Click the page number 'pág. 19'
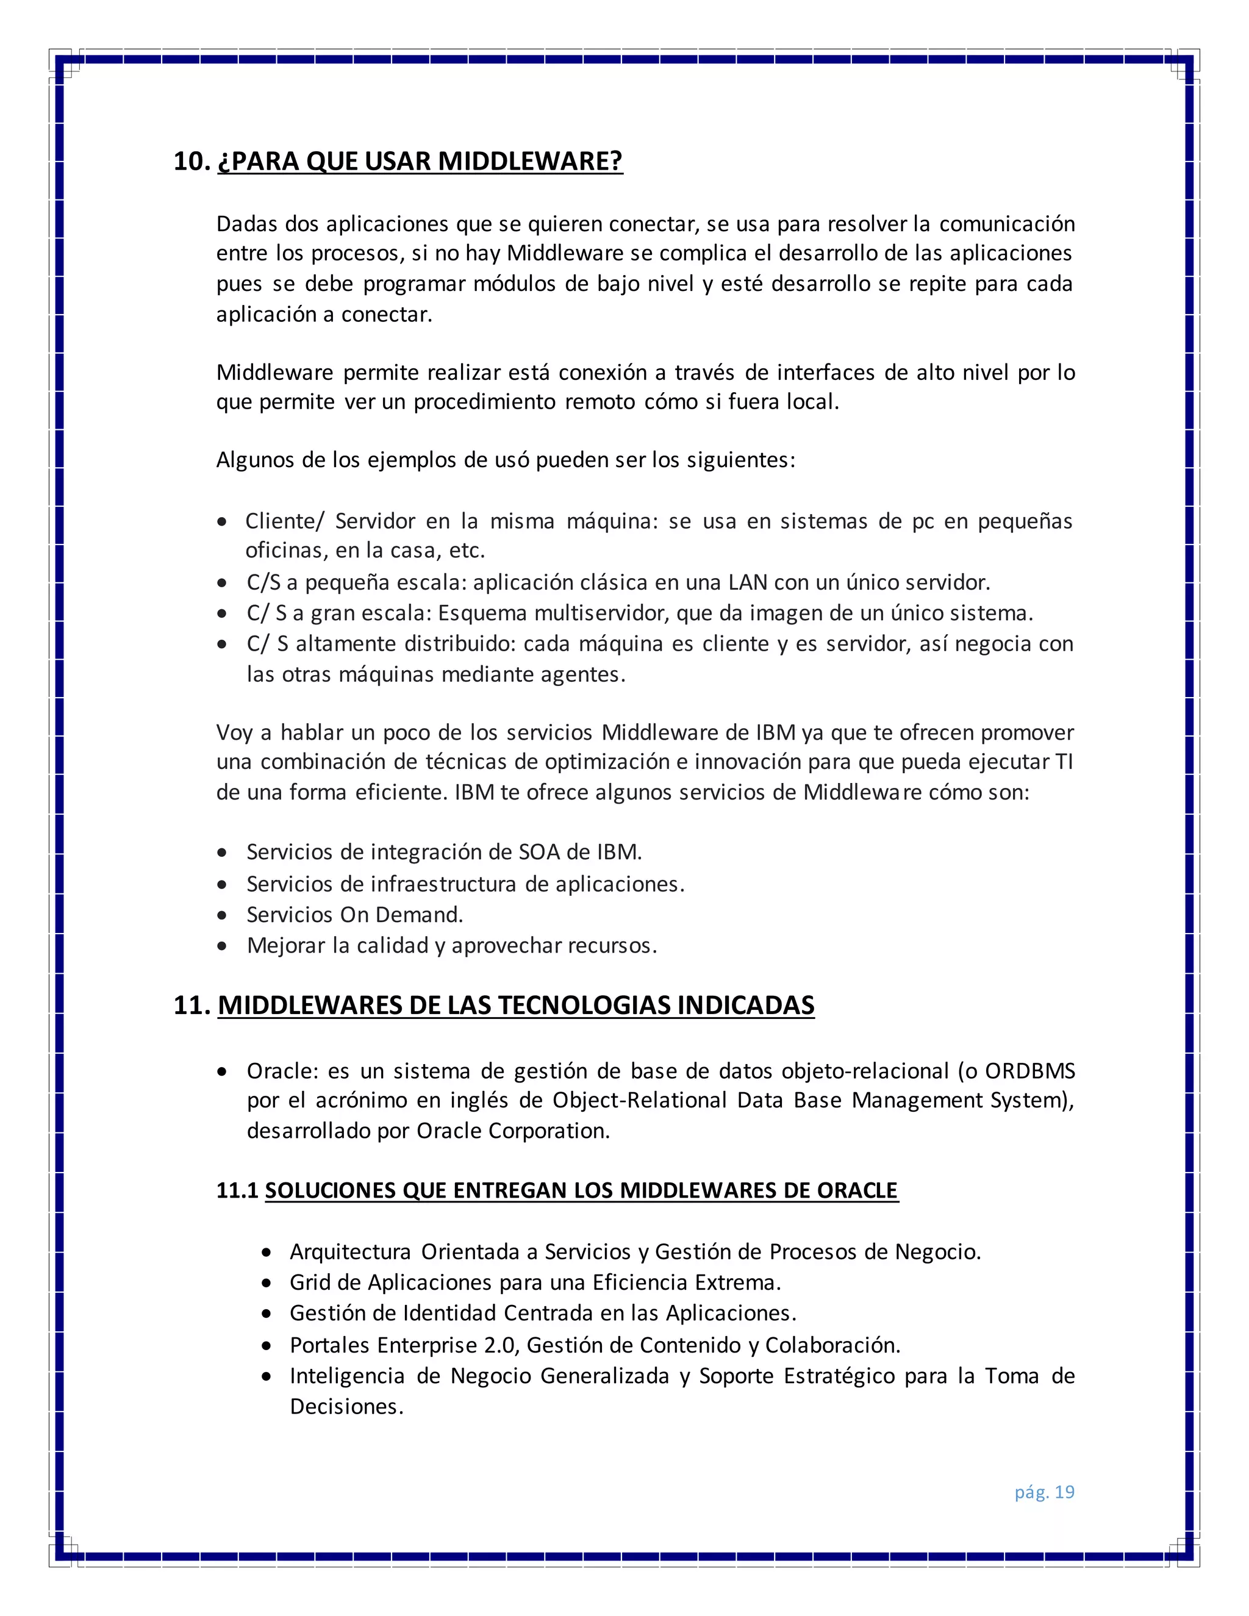[1043, 1492]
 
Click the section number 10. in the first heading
[191, 162]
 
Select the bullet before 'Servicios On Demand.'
[222, 915]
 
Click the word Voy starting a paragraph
[234, 732]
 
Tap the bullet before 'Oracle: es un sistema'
[222, 1071]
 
